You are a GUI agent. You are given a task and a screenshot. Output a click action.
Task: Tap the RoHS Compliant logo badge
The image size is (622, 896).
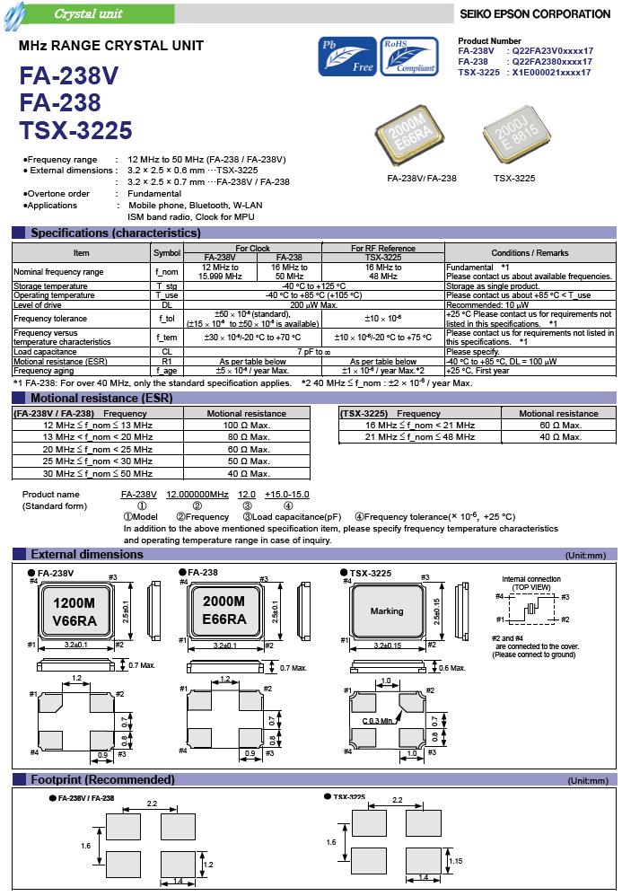[x=408, y=56]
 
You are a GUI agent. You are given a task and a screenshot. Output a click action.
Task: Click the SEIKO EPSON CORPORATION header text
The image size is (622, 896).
[x=535, y=14]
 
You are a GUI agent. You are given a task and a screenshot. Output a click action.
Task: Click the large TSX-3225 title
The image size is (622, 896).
[x=75, y=131]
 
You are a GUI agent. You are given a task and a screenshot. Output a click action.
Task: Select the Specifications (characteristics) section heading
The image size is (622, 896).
[x=116, y=233]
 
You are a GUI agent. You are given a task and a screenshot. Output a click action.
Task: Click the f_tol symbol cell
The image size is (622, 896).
[x=166, y=318]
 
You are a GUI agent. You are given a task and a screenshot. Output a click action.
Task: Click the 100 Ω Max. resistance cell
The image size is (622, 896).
[x=246, y=425]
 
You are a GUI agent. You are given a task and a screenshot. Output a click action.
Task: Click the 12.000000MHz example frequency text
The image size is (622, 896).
[x=197, y=495]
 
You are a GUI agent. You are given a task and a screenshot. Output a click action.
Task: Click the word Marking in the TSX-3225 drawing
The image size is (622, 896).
[x=387, y=612]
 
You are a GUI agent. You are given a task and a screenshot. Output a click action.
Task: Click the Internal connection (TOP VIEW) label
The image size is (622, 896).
[x=531, y=583]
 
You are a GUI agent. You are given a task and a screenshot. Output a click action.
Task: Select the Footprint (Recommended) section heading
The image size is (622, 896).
[x=102, y=779]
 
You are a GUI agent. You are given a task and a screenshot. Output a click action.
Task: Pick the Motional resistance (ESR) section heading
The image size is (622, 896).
[x=101, y=398]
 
